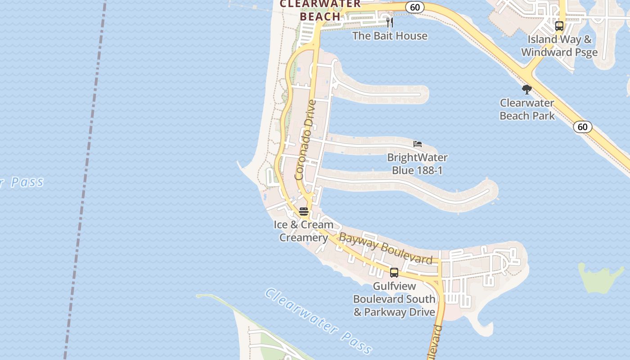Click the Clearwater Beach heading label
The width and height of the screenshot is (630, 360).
point(320,10)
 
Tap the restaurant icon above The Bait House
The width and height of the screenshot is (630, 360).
point(390,22)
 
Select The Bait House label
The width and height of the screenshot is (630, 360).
point(390,36)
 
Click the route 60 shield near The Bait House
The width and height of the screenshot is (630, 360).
point(414,7)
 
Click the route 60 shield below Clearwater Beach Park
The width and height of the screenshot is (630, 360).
point(582,127)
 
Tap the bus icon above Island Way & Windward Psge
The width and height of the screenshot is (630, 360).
point(559,26)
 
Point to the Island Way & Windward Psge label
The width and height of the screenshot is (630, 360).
point(559,45)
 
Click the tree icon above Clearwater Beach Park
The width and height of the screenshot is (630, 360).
point(526,90)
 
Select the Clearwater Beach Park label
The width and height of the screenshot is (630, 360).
point(527,109)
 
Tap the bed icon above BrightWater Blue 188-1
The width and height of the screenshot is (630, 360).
point(418,144)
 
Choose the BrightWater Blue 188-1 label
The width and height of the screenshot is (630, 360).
point(417,164)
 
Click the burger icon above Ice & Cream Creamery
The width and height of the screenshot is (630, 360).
point(304,211)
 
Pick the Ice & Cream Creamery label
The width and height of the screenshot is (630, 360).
point(304,231)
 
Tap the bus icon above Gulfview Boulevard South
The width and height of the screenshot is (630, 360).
point(394,272)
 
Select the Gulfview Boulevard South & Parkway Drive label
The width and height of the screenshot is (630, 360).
point(394,299)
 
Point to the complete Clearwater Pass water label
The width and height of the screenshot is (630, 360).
point(319,320)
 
